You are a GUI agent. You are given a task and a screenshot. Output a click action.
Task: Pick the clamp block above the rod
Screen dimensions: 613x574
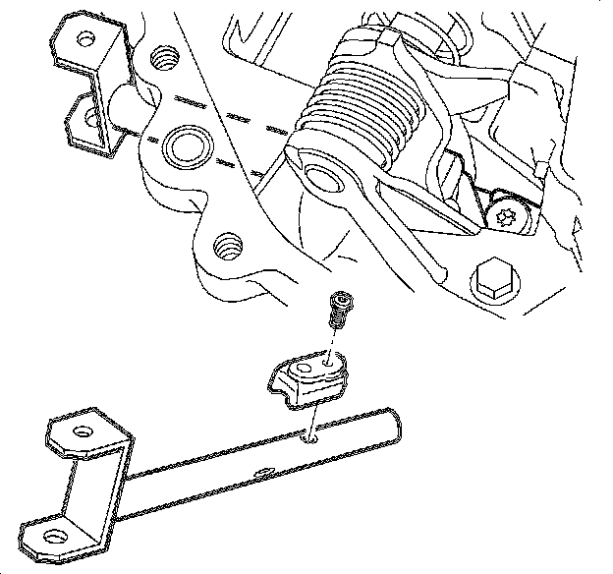308,377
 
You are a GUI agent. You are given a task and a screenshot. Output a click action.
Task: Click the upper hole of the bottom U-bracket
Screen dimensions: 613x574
82,431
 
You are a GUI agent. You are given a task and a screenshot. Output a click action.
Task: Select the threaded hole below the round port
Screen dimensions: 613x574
229,243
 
